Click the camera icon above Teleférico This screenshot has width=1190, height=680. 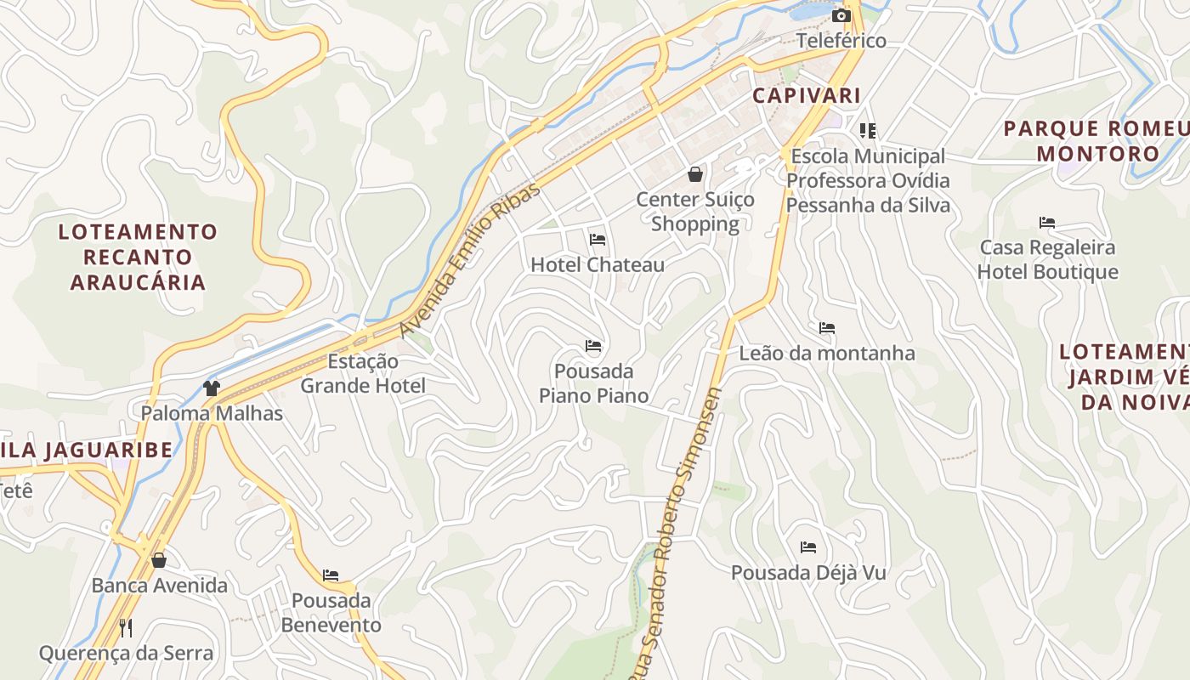tap(841, 16)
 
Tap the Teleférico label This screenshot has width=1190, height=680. tap(841, 41)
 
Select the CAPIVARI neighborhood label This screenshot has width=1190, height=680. tap(806, 95)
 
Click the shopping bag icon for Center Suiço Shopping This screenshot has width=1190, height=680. tap(695, 174)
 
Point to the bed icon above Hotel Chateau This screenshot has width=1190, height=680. tap(598, 239)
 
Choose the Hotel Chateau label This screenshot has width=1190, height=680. tap(598, 265)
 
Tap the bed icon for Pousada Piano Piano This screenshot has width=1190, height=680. tap(593, 345)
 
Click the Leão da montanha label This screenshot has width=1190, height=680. tap(827, 354)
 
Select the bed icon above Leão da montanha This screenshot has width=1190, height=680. tap(827, 327)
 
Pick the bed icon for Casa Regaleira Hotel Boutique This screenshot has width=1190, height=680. tap(1047, 223)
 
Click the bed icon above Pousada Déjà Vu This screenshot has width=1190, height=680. tap(808, 547)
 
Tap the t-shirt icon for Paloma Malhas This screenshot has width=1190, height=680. tap(212, 388)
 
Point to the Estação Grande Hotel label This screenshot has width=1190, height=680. tap(363, 373)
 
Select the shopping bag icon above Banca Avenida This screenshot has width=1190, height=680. tap(159, 560)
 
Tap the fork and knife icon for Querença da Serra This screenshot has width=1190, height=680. tap(126, 627)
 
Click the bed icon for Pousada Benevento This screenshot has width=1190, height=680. tap(331, 575)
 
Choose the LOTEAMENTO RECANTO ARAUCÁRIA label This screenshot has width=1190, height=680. tap(138, 257)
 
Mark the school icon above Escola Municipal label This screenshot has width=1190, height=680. tap(868, 130)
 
